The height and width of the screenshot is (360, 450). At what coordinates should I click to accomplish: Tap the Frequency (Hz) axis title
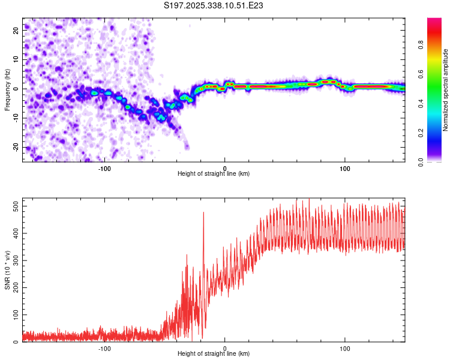7,89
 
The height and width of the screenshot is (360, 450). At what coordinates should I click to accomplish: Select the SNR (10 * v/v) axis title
7,270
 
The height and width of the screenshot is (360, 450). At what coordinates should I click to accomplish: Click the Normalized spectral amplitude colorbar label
446,90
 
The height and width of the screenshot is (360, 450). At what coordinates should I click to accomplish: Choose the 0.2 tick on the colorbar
421,133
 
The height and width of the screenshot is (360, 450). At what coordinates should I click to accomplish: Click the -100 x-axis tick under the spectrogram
104,167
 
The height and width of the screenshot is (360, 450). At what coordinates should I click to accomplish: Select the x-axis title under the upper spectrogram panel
214,173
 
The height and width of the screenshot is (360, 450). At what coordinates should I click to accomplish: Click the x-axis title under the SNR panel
214,354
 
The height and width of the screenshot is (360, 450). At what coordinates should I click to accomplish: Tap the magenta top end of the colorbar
434,21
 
